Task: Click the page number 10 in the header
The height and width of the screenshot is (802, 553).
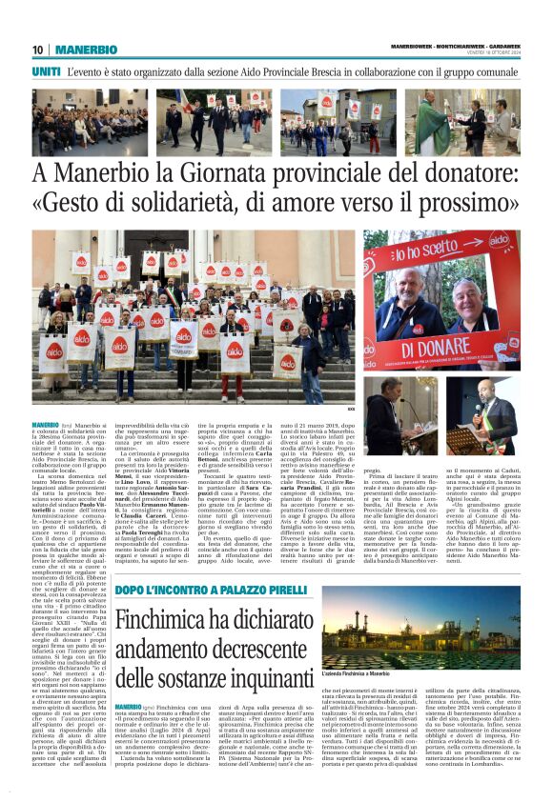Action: click(x=37, y=50)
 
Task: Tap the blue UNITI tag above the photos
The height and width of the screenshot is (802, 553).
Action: click(x=46, y=71)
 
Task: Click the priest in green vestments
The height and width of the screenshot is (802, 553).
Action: click(x=433, y=123)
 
